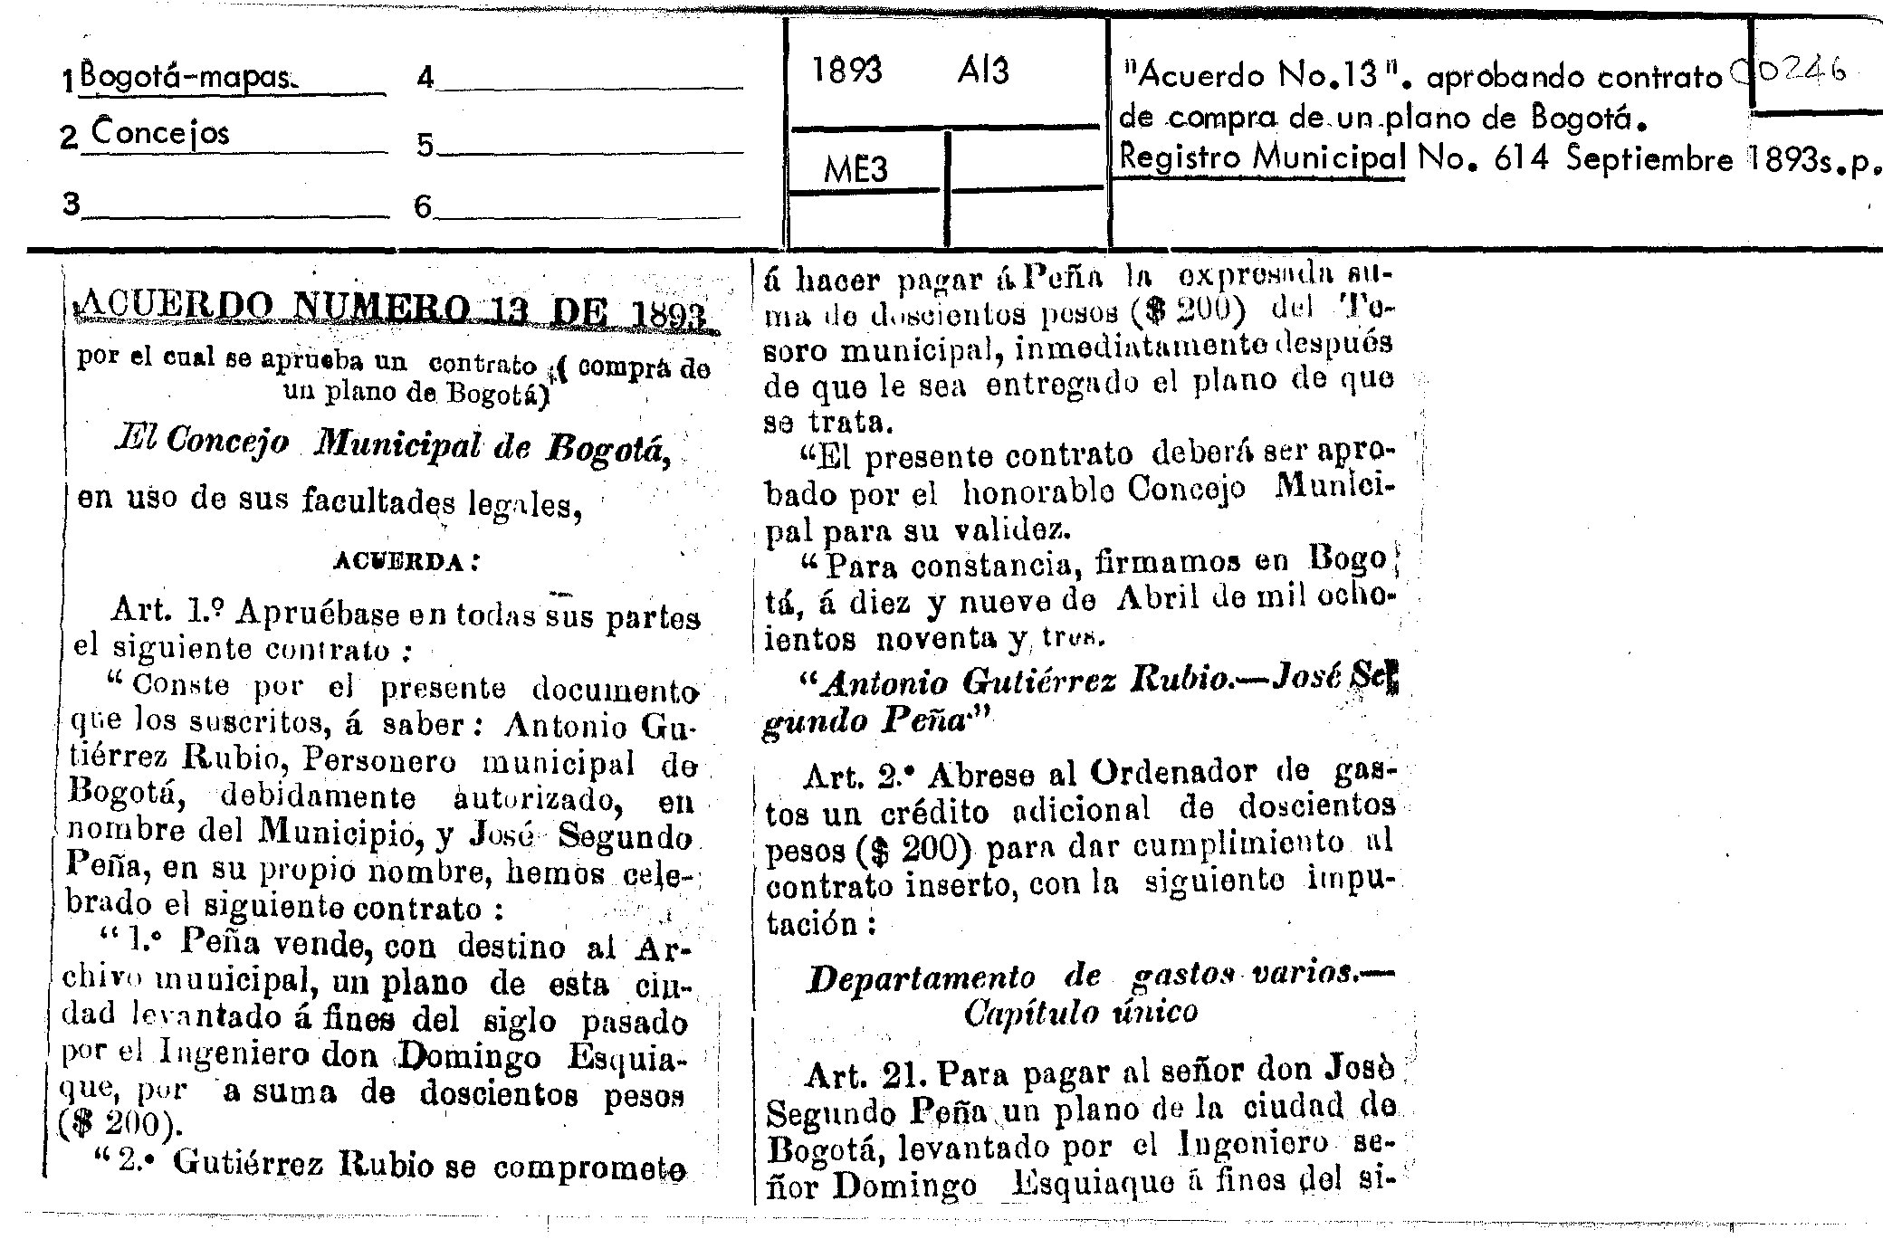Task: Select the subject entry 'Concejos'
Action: tap(160, 134)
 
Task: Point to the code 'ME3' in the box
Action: tap(855, 169)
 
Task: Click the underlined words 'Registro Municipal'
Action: tap(1262, 158)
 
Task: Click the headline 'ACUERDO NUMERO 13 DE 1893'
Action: tap(398, 313)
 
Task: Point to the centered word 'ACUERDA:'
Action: tap(406, 561)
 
